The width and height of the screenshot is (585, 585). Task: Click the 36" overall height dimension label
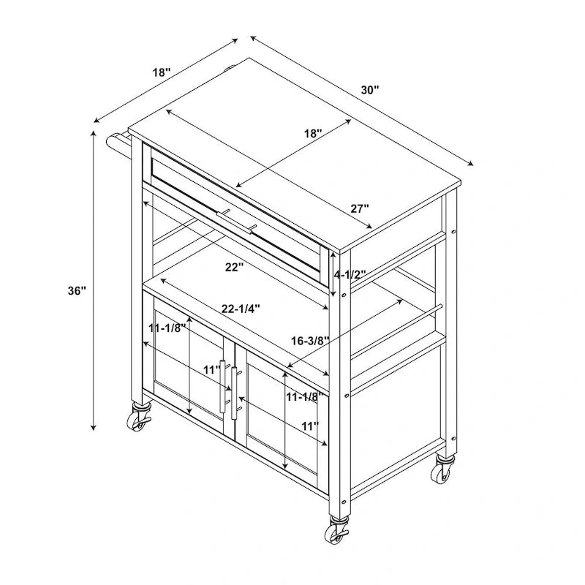[77, 290]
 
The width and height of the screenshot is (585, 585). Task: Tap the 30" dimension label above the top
[370, 90]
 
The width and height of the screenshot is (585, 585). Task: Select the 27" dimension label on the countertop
[360, 208]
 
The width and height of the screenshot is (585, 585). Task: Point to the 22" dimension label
[234, 267]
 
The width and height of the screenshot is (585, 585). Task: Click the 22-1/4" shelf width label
[241, 309]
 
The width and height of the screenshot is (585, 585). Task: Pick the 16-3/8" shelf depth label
[310, 340]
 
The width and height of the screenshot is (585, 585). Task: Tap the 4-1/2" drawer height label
[350, 275]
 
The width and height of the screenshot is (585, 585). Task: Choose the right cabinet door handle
[235, 393]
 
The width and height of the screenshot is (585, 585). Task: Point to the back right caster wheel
[442, 469]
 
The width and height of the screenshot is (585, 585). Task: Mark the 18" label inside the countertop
[313, 133]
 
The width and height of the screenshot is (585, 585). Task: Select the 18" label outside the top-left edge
[162, 72]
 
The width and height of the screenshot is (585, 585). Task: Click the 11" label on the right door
[310, 426]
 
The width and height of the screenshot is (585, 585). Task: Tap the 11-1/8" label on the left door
[167, 328]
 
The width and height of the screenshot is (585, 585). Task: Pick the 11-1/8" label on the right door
[304, 397]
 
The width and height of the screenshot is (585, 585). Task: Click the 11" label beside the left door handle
[211, 370]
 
